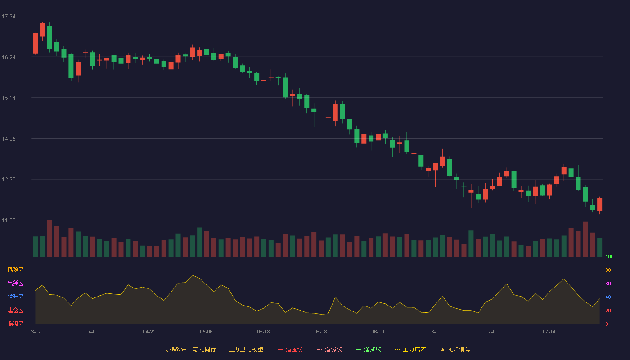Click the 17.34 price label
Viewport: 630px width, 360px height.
point(9,17)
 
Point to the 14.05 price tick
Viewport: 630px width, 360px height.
point(9,139)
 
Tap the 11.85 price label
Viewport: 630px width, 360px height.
point(9,220)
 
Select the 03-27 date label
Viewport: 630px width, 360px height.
point(35,332)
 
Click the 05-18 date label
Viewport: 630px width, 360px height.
point(263,332)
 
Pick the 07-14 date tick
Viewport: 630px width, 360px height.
point(549,332)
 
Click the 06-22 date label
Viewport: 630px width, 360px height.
point(435,332)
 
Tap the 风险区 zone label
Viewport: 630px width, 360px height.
point(15,270)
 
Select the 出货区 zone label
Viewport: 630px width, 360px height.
point(15,283)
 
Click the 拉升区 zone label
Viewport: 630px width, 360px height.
point(15,297)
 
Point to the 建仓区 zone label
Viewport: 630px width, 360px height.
point(15,310)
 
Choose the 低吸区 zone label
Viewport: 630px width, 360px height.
point(15,324)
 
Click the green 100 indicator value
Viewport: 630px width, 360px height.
point(609,256)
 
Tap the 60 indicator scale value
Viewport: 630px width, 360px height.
point(608,283)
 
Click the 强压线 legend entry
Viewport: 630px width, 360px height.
point(290,349)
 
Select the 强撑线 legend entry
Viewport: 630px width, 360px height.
point(369,349)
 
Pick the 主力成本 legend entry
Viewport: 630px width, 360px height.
point(410,349)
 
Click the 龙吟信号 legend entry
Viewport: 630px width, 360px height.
point(455,349)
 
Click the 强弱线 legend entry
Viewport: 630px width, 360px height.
point(329,349)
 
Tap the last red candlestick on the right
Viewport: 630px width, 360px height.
point(599,204)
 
